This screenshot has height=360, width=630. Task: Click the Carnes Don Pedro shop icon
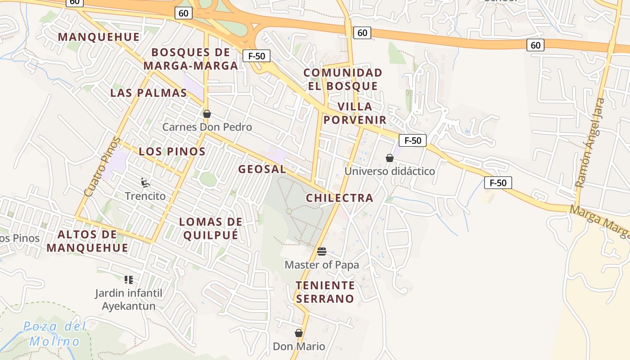pos(207,114)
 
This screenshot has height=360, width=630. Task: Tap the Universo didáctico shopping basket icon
pos(390,158)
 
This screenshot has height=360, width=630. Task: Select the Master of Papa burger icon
pos(321,251)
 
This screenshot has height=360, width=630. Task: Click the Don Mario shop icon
pos(298,333)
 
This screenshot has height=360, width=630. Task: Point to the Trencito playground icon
pos(145,182)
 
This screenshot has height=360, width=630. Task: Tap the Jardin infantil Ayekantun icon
pos(129,280)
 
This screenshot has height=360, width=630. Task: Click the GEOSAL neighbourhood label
pos(262,169)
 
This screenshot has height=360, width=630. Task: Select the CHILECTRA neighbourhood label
pos(340,198)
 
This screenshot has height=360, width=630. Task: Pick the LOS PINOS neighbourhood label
pos(172,151)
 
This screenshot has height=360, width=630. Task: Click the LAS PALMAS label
pos(148,93)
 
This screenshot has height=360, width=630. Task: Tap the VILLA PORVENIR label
pos(355,113)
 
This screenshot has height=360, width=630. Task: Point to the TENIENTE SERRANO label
pos(325,292)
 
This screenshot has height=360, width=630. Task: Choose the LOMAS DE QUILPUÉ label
pos(211,228)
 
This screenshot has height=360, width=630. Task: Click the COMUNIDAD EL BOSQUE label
pos(342,79)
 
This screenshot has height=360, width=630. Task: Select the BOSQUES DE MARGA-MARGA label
pos(191,59)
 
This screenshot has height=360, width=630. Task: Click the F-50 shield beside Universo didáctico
pos(413,140)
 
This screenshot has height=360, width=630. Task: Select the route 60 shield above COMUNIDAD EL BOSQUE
pos(362,32)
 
